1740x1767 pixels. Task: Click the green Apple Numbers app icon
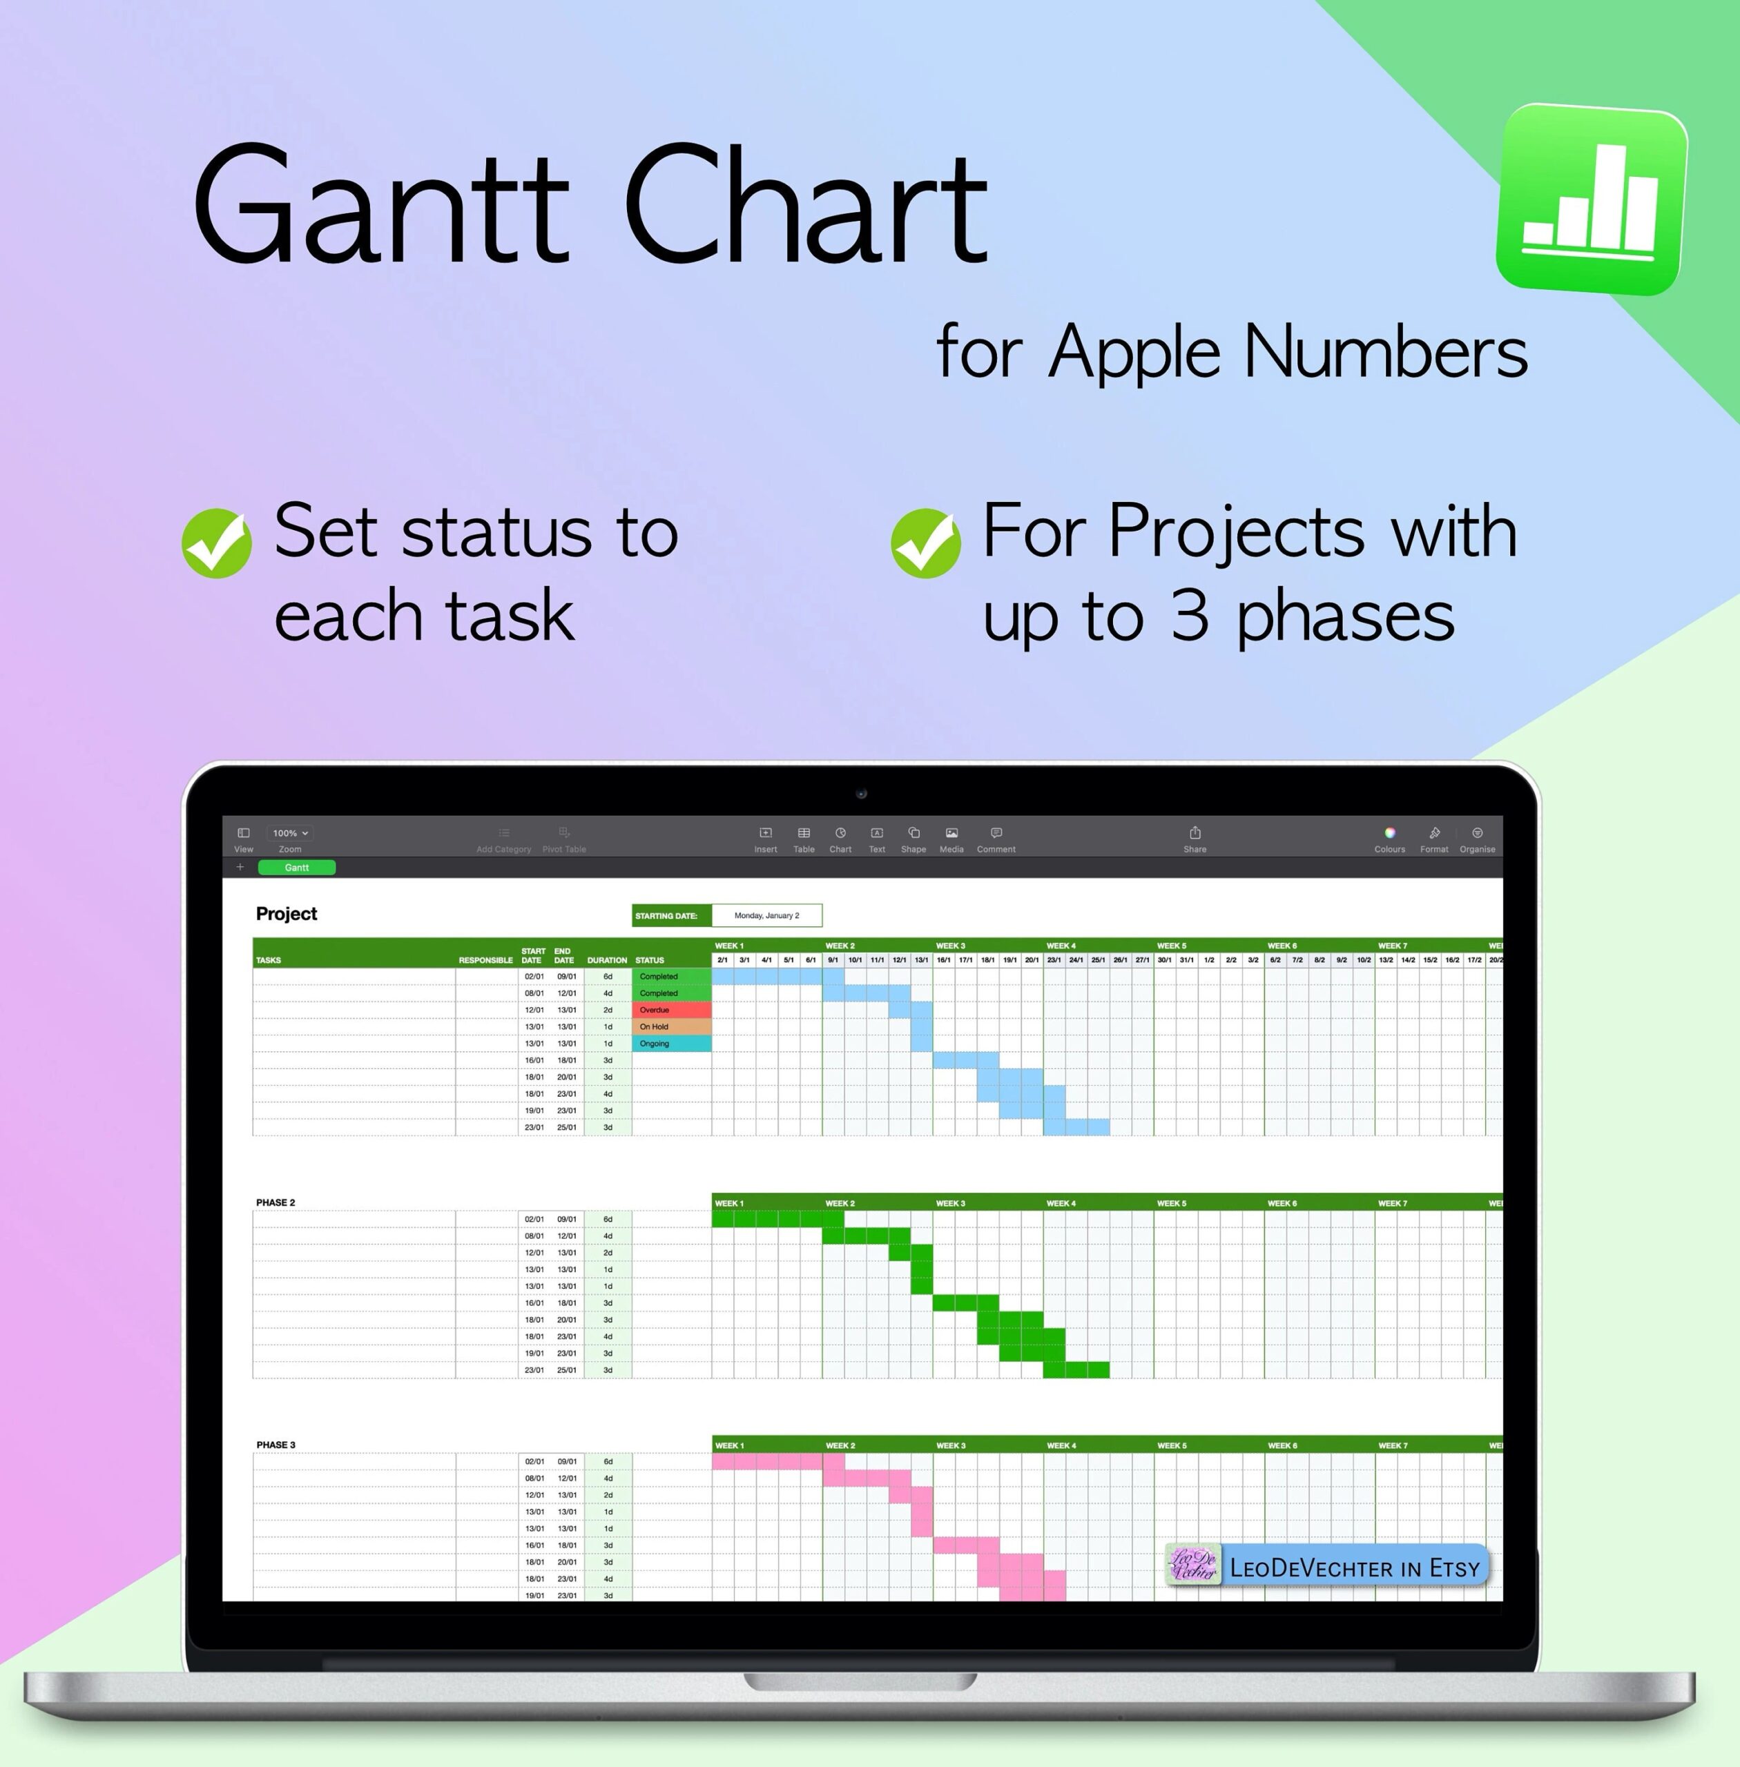(1591, 200)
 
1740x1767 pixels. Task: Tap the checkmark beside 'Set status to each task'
(217, 543)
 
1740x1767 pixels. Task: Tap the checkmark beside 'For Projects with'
(926, 543)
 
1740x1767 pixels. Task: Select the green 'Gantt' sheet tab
(296, 867)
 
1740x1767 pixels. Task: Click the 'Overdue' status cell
(670, 1010)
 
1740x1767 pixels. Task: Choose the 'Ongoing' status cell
(670, 1044)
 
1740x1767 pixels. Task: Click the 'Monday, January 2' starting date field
(766, 915)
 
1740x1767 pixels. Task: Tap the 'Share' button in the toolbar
(1195, 839)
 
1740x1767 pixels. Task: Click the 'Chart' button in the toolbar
(840, 839)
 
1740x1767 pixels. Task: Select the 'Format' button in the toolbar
(1434, 839)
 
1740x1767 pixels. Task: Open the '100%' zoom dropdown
(291, 833)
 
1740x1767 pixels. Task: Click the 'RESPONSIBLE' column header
(485, 960)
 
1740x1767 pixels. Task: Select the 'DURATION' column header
(607, 960)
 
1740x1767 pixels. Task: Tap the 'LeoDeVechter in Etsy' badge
(1328, 1568)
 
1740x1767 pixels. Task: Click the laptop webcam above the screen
(861, 794)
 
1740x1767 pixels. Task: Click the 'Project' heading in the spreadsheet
(286, 914)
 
